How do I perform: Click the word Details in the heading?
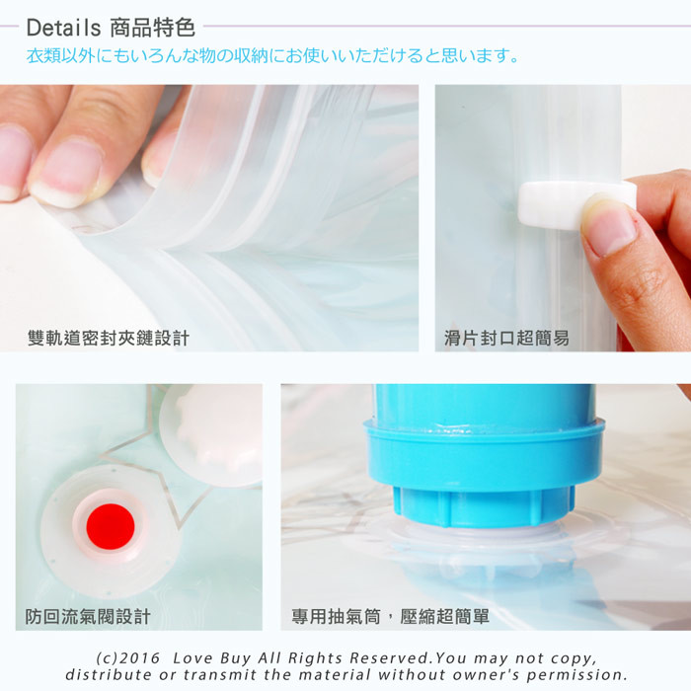pos(63,28)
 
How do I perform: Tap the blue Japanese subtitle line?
pos(272,56)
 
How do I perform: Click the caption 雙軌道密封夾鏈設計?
pos(109,338)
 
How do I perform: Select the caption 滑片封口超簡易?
pos(506,338)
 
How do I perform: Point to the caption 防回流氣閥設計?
pos(88,616)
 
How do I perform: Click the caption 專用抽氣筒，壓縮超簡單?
pos(391,616)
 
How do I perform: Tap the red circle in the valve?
pos(111,526)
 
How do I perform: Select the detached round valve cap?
pos(211,434)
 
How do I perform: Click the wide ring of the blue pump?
pos(484,454)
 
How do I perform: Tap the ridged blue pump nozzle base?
pos(484,506)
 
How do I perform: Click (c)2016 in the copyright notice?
pos(128,658)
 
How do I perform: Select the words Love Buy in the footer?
pos(212,658)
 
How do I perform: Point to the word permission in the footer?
pos(576,674)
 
